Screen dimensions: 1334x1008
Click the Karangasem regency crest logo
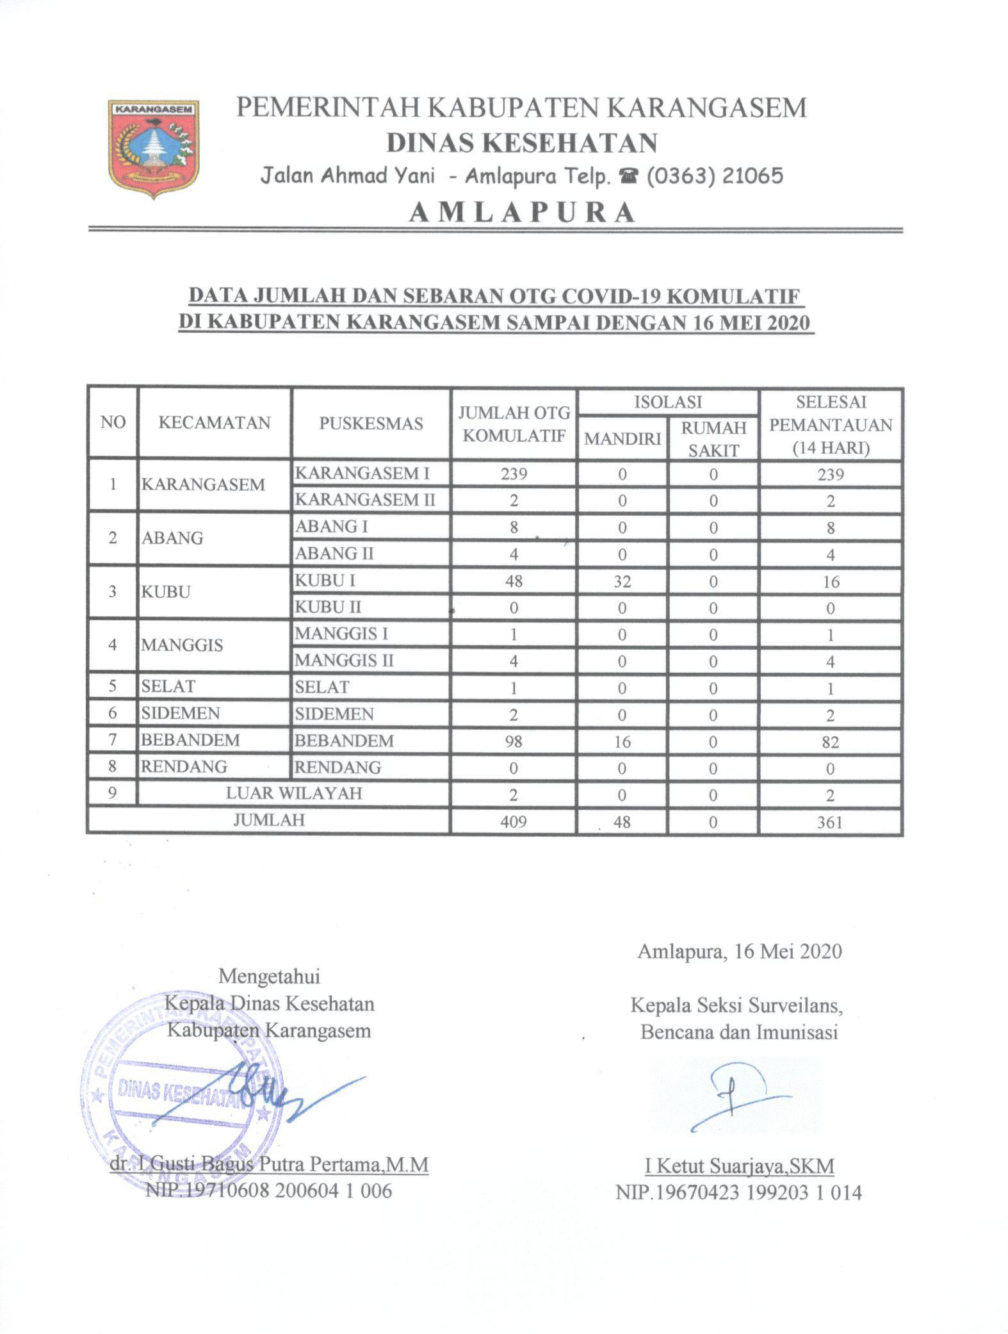[154, 148]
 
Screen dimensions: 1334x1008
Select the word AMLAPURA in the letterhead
[521, 212]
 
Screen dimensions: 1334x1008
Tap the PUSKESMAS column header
[371, 424]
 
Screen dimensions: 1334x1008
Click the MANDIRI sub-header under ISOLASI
[622, 439]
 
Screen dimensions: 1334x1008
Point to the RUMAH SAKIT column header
[713, 439]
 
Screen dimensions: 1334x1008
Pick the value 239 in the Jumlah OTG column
[514, 474]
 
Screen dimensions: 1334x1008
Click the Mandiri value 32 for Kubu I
[622, 581]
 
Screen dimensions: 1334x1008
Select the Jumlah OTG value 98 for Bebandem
[514, 741]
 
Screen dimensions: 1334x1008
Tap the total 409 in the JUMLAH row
[514, 821]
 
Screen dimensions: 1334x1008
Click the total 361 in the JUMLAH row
[830, 821]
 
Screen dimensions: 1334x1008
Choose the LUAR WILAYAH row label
[294, 793]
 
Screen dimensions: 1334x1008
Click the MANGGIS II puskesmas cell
[345, 660]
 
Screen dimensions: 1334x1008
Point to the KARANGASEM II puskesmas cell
[365, 500]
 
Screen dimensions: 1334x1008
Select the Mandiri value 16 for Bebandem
[622, 741]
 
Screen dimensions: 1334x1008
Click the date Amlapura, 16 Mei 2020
[740, 951]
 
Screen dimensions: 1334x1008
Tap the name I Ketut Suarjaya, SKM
[740, 1165]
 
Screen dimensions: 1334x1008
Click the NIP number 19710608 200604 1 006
[268, 1191]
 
